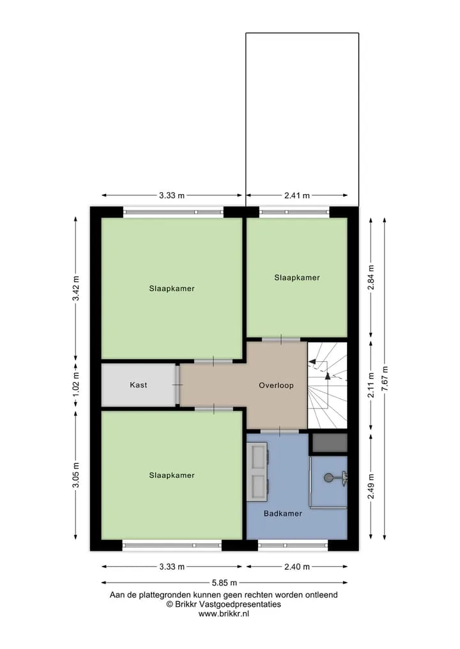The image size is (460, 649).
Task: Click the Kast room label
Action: [139, 385]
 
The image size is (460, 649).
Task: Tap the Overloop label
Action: [276, 385]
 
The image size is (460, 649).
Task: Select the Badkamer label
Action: [282, 513]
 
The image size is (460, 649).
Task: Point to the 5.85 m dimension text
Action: [224, 583]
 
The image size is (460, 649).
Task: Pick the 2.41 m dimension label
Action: [296, 195]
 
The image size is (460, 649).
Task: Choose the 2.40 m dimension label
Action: [296, 567]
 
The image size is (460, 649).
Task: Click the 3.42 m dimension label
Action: [75, 288]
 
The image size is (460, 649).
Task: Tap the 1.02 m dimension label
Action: [75, 385]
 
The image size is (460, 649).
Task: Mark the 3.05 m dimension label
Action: [75, 475]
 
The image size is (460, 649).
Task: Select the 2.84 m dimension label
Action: [371, 278]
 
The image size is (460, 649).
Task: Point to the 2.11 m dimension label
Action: [371, 385]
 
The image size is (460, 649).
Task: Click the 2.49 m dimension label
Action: [371, 486]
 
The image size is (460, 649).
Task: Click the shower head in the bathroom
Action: [328, 478]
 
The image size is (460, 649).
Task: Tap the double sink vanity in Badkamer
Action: [257, 471]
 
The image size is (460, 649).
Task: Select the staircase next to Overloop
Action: [327, 385]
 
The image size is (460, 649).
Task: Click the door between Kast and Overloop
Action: [177, 385]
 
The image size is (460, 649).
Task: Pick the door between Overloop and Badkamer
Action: [279, 431]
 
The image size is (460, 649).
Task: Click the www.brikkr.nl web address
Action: [224, 614]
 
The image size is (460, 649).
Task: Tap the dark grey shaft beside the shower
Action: [330, 444]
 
